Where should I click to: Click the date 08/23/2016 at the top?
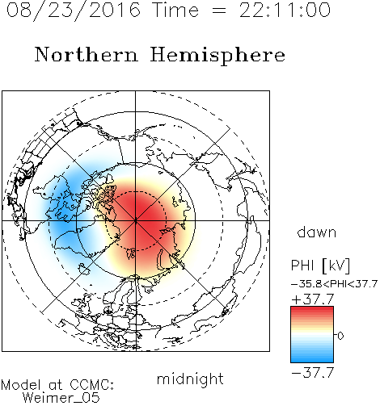[74, 10]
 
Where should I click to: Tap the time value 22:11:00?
[285, 10]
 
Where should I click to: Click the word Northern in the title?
[87, 54]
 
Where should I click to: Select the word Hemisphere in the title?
[217, 56]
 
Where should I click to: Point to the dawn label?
[317, 232]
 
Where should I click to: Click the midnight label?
[190, 380]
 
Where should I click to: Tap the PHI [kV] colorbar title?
[321, 266]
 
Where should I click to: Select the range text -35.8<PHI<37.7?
[334, 284]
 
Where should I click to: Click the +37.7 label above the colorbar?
[313, 299]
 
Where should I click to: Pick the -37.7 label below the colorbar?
[313, 373]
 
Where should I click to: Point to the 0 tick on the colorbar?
[340, 336]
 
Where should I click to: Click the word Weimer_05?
[61, 398]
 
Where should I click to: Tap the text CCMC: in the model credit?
[92, 385]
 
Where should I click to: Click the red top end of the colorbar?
[312, 308]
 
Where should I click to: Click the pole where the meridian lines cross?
[136, 220]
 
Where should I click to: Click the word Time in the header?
[175, 10]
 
